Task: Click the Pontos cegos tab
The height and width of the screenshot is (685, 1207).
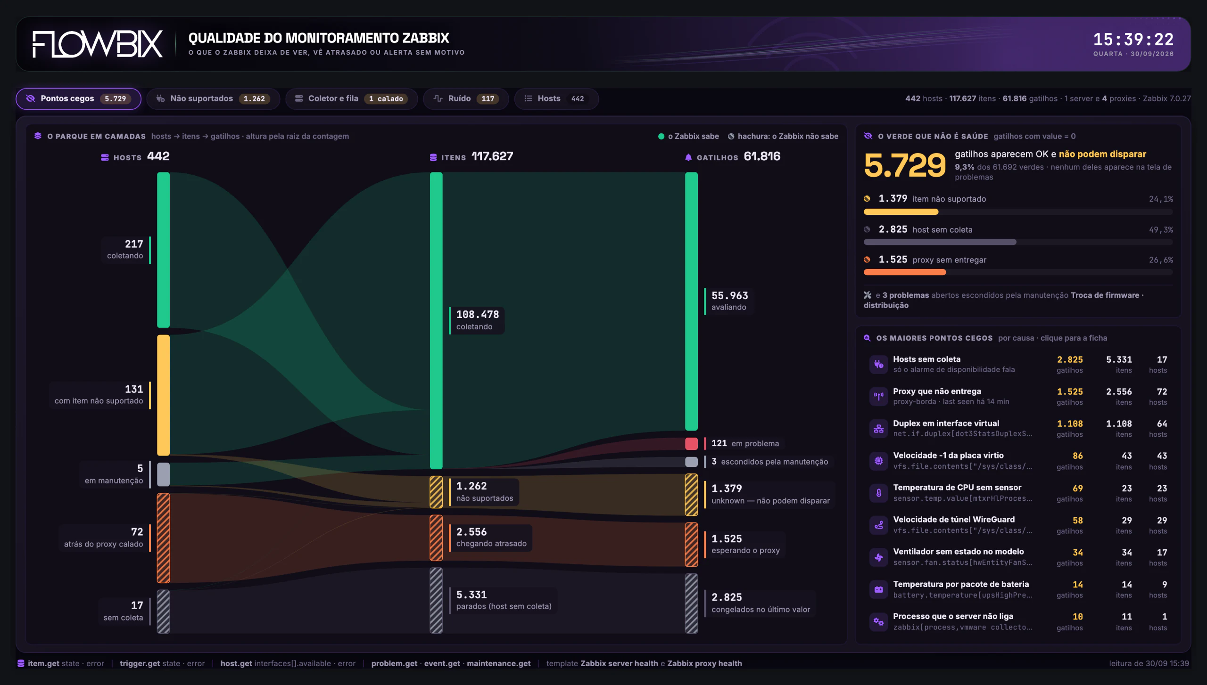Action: tap(78, 98)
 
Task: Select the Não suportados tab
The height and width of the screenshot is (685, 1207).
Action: tap(213, 98)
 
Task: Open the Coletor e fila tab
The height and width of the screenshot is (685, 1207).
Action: tap(351, 98)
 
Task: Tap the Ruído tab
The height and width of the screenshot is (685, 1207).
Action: tap(466, 98)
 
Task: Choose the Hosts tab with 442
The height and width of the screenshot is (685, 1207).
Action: tap(556, 98)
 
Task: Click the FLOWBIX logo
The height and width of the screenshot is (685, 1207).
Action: tap(98, 44)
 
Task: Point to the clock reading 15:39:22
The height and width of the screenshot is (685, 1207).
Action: tap(1133, 39)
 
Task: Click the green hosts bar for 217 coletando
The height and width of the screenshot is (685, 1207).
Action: tap(163, 250)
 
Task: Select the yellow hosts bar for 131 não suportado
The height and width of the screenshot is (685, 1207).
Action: tap(163, 395)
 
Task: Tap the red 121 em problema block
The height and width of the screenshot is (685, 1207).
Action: tap(691, 443)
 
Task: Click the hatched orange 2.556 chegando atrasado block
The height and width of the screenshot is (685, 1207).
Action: tap(436, 538)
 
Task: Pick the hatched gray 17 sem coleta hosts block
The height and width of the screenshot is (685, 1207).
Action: tap(163, 612)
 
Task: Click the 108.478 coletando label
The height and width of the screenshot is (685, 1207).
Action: tap(477, 320)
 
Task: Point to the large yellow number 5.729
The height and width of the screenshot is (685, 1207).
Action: tap(905, 165)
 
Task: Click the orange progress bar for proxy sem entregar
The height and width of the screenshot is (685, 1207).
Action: tap(905, 272)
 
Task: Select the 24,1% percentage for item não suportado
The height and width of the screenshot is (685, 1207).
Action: tap(1161, 199)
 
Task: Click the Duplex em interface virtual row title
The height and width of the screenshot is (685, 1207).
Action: tap(946, 423)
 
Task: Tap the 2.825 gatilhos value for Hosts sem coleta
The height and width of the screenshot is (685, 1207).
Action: tap(1070, 359)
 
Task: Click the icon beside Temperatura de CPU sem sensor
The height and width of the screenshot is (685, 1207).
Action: tap(878, 493)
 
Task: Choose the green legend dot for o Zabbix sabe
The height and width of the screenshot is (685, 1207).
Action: tap(661, 136)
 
